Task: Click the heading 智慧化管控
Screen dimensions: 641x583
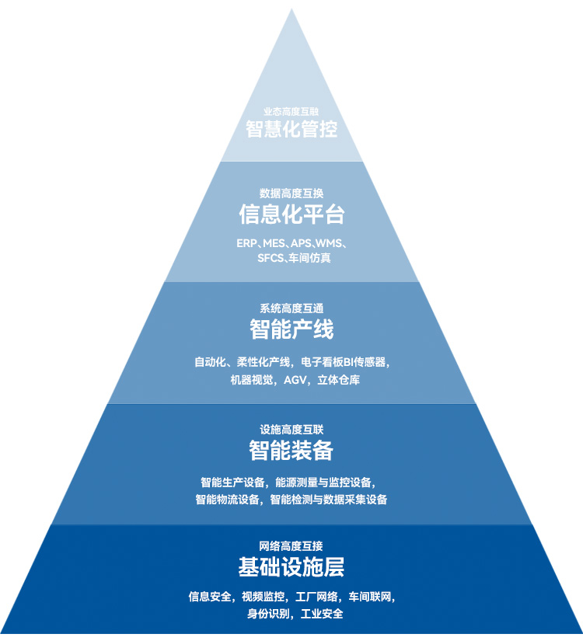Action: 291,129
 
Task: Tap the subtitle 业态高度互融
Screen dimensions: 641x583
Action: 291,111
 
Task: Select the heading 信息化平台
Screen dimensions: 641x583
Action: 291,214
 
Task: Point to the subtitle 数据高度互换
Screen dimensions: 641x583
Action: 291,193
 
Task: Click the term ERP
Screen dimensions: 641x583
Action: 246,243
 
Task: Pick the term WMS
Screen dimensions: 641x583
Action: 328,243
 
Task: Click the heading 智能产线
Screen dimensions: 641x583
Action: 291,329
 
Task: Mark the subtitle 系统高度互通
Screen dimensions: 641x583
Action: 291,308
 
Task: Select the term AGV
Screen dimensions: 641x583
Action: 295,380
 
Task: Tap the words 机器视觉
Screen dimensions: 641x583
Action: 251,380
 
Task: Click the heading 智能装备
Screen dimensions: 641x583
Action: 291,450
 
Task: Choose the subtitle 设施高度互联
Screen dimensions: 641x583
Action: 291,429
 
